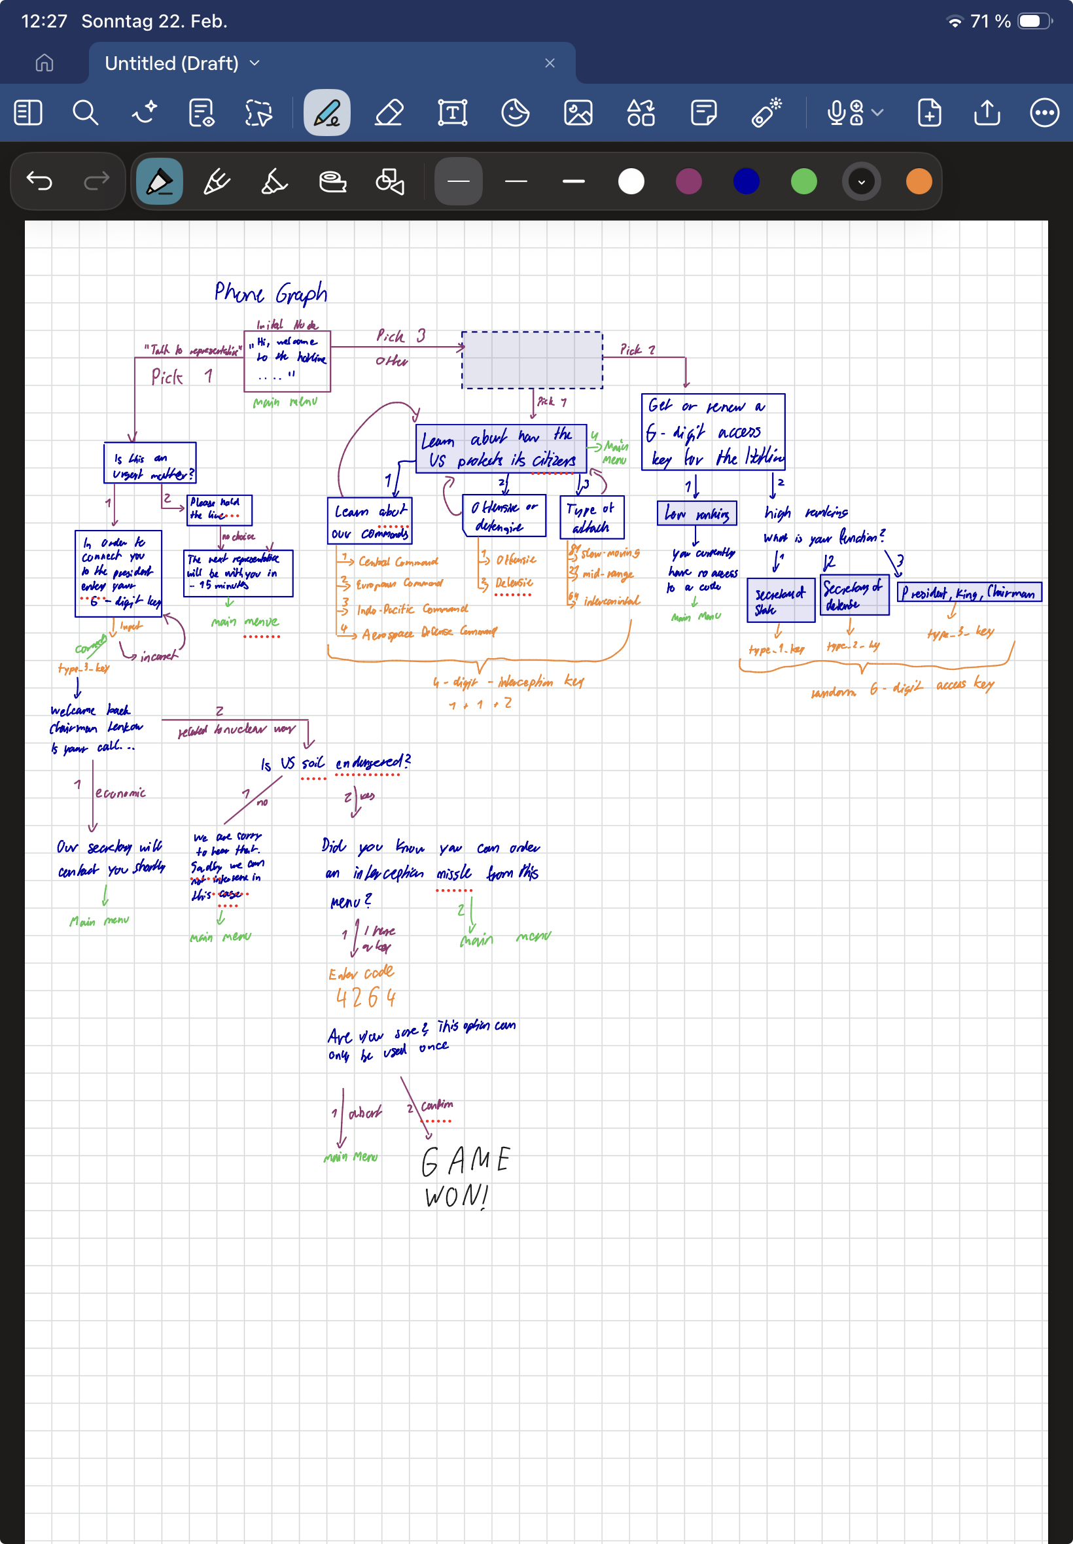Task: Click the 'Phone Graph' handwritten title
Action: [270, 293]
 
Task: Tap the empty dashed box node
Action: [532, 360]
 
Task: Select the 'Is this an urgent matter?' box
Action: [150, 463]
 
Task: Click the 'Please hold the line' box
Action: [219, 510]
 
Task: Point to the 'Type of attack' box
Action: [591, 518]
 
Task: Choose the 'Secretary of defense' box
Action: [854, 595]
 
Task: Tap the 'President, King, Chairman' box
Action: [969, 592]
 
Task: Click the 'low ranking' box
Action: [697, 514]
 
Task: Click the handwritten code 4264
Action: [366, 998]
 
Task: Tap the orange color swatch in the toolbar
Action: [919, 181]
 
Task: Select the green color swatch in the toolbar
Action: [803, 181]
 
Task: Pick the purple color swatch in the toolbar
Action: [688, 181]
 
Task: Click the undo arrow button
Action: [39, 181]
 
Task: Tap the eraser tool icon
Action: [389, 113]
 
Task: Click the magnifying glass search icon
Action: [86, 113]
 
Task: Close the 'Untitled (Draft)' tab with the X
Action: [550, 63]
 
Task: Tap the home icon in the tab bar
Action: [44, 63]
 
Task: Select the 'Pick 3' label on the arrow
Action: [400, 336]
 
